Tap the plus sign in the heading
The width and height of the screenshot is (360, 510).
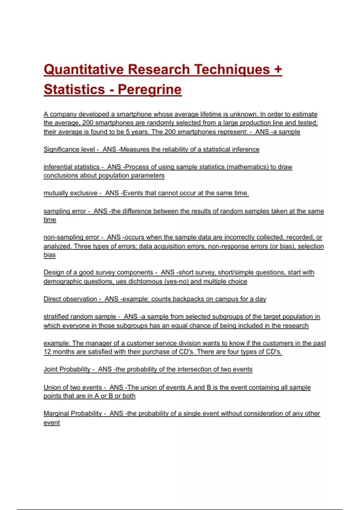(x=278, y=69)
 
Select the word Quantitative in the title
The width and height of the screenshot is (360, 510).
(x=84, y=69)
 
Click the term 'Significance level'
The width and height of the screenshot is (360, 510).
(x=69, y=149)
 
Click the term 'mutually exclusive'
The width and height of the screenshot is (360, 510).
(x=70, y=193)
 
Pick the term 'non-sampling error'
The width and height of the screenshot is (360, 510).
(x=71, y=237)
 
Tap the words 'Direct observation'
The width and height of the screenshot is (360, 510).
(x=70, y=299)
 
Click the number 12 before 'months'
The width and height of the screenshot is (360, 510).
(x=47, y=352)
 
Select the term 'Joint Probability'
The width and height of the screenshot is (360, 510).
(x=67, y=369)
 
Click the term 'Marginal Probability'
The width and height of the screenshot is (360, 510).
(x=73, y=413)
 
